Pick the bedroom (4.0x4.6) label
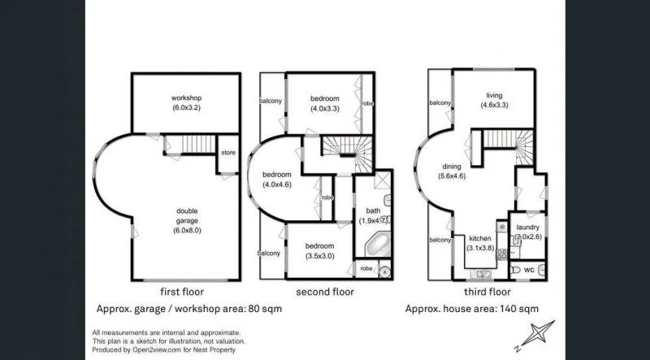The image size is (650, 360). (276, 179)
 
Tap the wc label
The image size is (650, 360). (528, 269)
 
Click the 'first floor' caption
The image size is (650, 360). (183, 291)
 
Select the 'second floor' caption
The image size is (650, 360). (323, 291)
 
